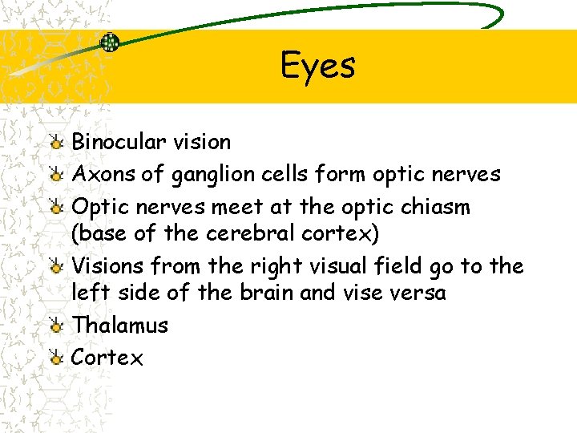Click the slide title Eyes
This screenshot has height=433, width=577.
317,66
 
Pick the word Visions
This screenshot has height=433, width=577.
108,265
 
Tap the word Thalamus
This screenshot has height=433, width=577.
120,325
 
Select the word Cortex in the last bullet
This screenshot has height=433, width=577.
107,358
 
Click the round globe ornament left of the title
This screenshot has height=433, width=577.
110,43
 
